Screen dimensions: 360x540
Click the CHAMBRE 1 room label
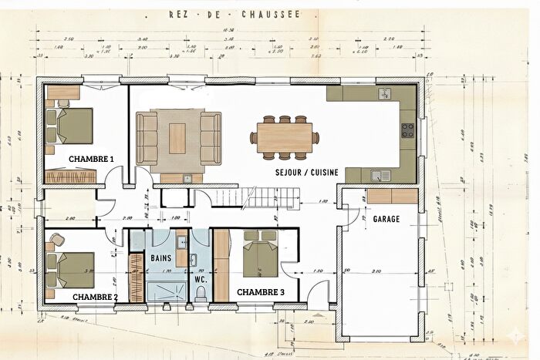pyautogui.click(x=91, y=159)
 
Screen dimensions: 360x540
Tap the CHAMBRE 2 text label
pyautogui.click(x=95, y=297)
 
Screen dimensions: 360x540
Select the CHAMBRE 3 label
pyautogui.click(x=261, y=292)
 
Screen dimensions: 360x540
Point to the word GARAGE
pyautogui.click(x=386, y=220)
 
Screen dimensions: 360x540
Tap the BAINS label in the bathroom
pyautogui.click(x=161, y=257)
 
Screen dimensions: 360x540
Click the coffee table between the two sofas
pyautogui.click(x=177, y=136)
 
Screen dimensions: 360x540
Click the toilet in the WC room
pyautogui.click(x=200, y=299)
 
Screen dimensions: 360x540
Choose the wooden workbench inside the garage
pyautogui.click(x=393, y=196)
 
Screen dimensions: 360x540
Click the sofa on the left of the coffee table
pyautogui.click(x=147, y=136)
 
